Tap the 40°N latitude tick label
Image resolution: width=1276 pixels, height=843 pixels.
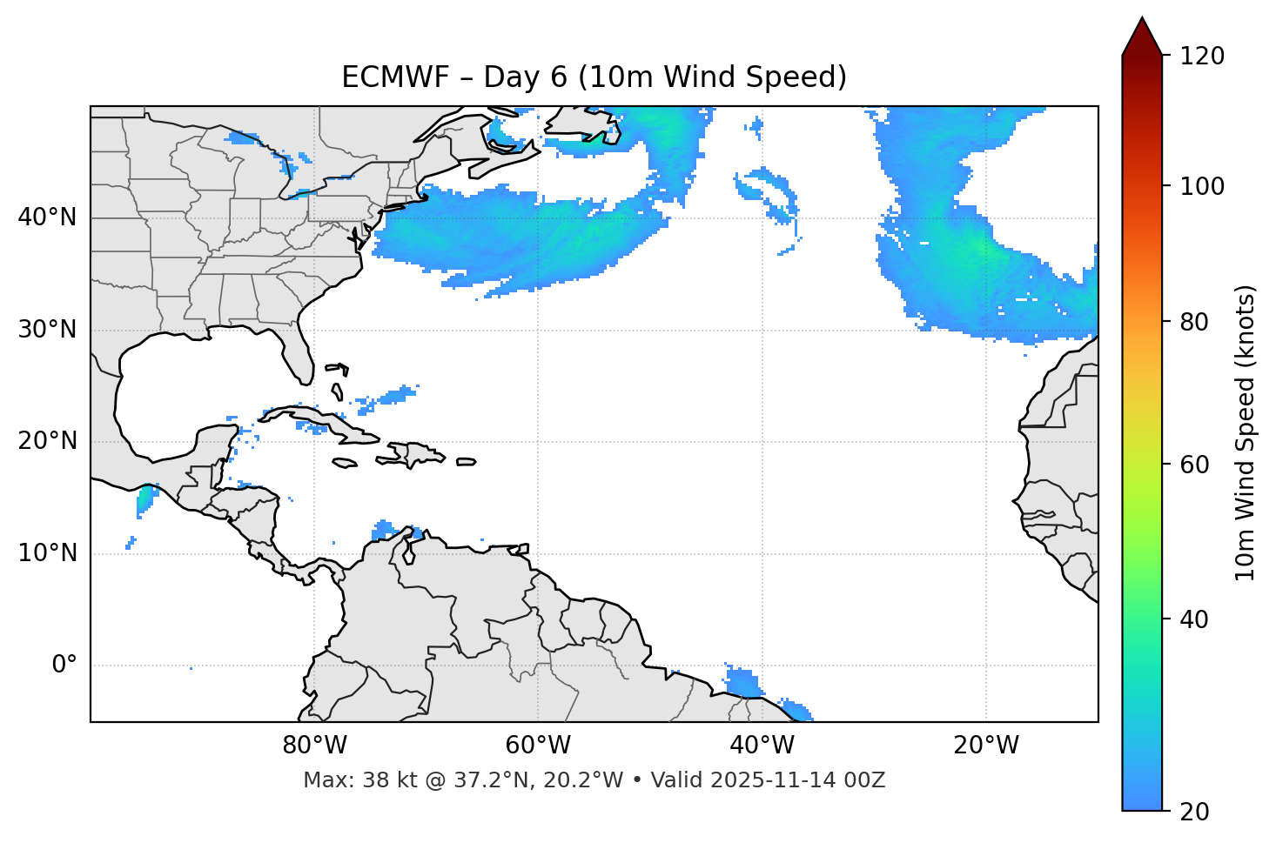click(x=47, y=217)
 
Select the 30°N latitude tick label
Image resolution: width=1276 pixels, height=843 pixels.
click(x=47, y=330)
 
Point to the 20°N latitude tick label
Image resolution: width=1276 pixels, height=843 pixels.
click(x=47, y=441)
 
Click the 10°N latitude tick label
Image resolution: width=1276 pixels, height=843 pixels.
click(x=47, y=553)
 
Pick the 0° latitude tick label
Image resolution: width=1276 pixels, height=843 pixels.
click(x=64, y=666)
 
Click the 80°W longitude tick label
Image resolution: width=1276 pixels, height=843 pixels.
click(x=314, y=746)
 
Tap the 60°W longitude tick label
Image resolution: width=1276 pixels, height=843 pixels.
click(x=538, y=746)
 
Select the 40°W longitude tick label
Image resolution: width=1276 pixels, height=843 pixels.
click(x=762, y=746)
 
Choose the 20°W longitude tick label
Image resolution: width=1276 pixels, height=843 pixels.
click(x=986, y=746)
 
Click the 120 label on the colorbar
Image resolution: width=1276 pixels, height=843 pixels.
click(x=1202, y=57)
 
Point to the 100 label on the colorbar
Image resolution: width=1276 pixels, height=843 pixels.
click(x=1202, y=186)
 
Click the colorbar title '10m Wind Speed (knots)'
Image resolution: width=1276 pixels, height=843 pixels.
click(x=1245, y=432)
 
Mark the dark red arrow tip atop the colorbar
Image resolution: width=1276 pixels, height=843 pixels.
click(x=1142, y=24)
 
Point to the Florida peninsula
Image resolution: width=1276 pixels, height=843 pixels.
click(x=300, y=355)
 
